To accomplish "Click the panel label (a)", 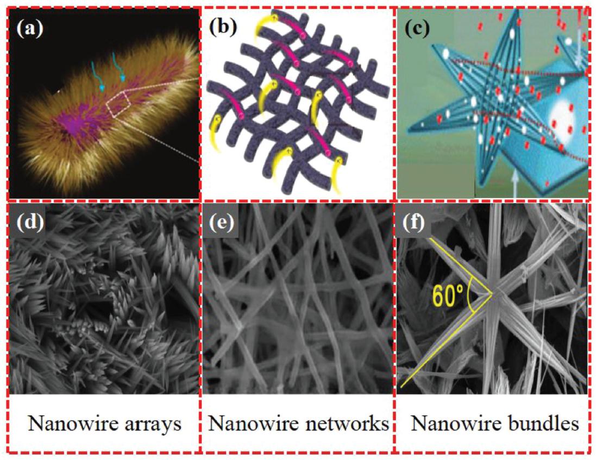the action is [x=30, y=29].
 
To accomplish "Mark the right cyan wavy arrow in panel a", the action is [x=118, y=67].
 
